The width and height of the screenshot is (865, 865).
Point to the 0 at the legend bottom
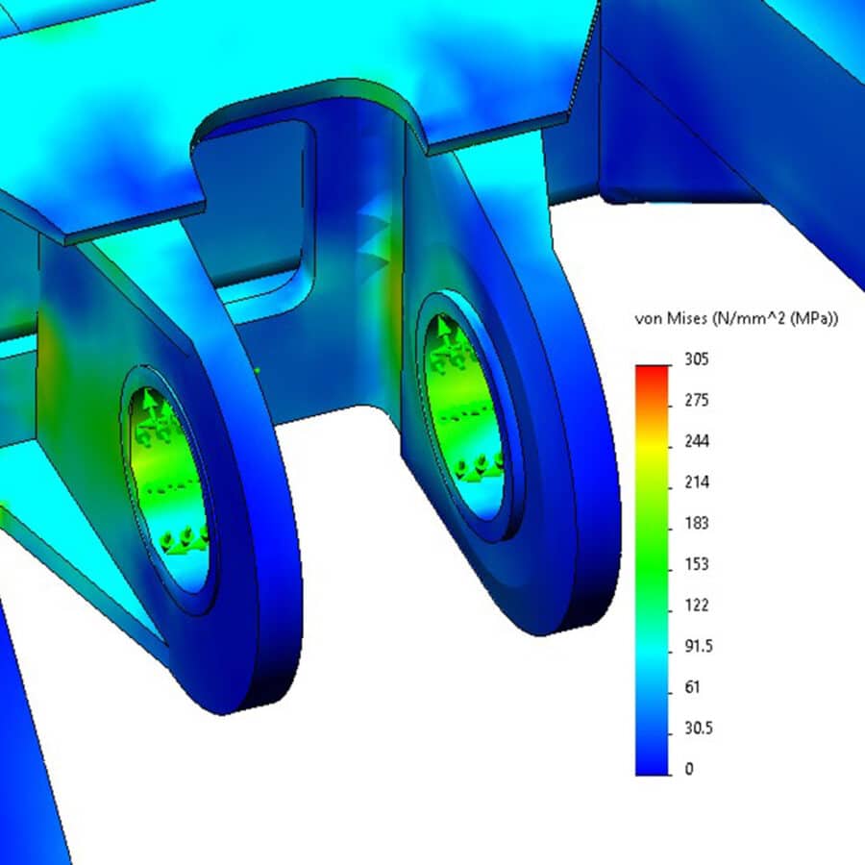point(687,769)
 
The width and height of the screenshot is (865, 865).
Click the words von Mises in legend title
point(670,319)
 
